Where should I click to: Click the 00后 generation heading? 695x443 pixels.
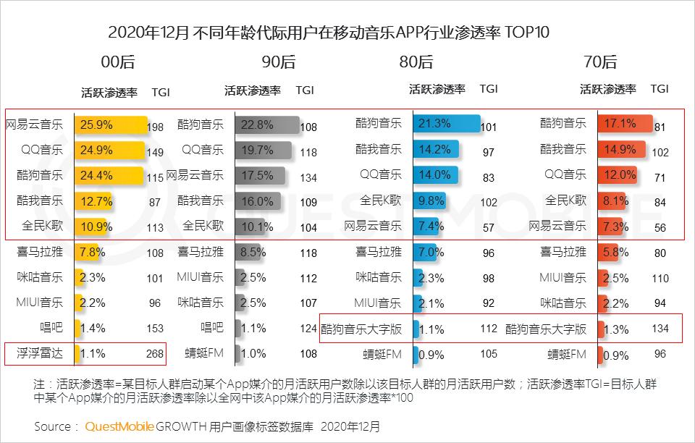pos(118,62)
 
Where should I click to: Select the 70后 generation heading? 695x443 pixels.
pos(599,62)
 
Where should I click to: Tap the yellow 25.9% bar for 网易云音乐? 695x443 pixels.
pos(111,125)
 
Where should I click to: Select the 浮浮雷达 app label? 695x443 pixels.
pos(40,354)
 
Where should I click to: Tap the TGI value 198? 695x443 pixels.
pos(155,127)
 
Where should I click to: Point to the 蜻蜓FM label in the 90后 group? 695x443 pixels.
pos(205,354)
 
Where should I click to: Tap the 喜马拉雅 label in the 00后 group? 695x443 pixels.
pos(40,252)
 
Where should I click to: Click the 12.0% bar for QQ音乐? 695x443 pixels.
pos(618,175)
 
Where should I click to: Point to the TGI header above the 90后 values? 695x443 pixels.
pos(305,90)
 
